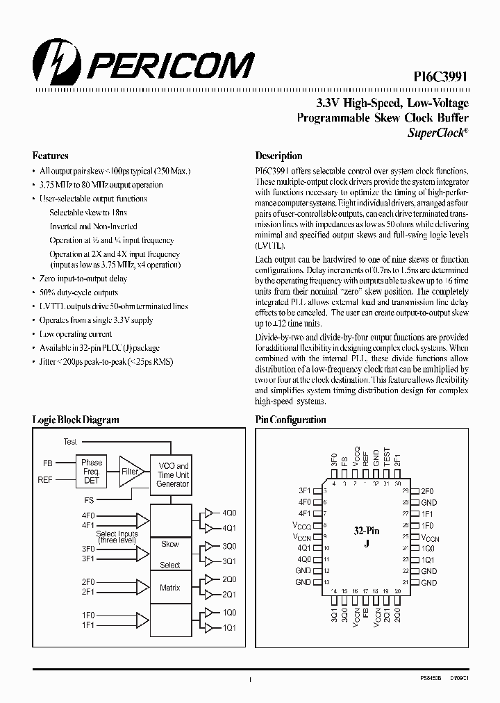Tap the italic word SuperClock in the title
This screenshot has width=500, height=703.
(435, 131)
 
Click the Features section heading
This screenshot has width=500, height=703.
(50, 156)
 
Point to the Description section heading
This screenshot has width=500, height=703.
(278, 156)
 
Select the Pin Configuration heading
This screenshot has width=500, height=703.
(290, 420)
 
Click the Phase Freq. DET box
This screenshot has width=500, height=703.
(92, 472)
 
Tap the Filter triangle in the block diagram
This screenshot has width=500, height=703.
(130, 471)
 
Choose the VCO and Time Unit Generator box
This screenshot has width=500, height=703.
(173, 474)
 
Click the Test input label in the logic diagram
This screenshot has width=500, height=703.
(70, 442)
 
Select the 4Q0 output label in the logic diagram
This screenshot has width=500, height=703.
(228, 513)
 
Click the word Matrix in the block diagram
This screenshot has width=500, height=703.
(170, 588)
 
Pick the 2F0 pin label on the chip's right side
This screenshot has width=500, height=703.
(428, 491)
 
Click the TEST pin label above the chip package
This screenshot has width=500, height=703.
(387, 456)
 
